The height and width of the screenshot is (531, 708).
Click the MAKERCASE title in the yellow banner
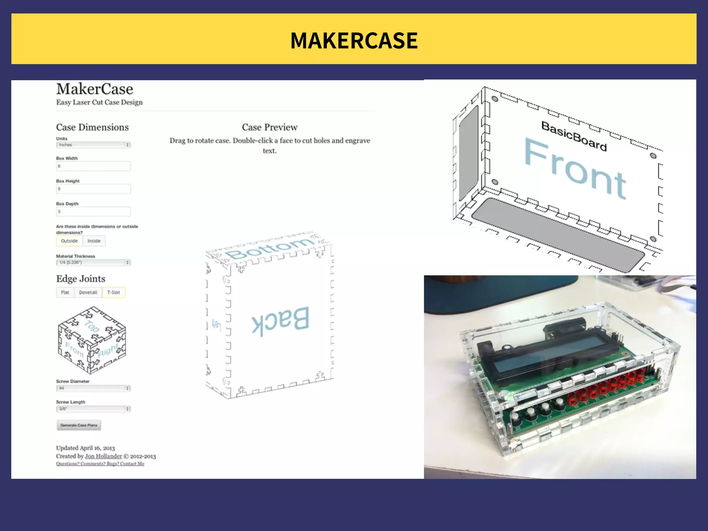(354, 40)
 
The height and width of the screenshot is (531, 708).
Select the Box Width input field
(93, 166)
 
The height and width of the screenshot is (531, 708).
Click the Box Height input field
(93, 189)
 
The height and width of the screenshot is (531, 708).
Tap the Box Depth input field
(93, 212)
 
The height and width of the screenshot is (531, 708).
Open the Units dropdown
(93, 145)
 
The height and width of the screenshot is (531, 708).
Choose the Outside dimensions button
(69, 241)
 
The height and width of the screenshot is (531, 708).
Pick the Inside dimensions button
(94, 241)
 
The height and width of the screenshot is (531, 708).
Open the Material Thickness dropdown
(93, 262)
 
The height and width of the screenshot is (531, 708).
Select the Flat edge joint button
(65, 292)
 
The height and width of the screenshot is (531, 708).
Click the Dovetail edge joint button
(88, 292)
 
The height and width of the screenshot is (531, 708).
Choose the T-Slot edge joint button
(114, 292)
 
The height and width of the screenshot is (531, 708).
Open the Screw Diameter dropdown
(93, 388)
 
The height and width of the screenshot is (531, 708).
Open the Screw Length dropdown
(93, 409)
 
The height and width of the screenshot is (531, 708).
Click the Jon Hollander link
(103, 456)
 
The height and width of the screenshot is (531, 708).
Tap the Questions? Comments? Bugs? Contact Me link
(100, 464)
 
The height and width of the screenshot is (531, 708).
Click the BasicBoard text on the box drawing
(574, 136)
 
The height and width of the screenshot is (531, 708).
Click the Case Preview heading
(270, 127)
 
